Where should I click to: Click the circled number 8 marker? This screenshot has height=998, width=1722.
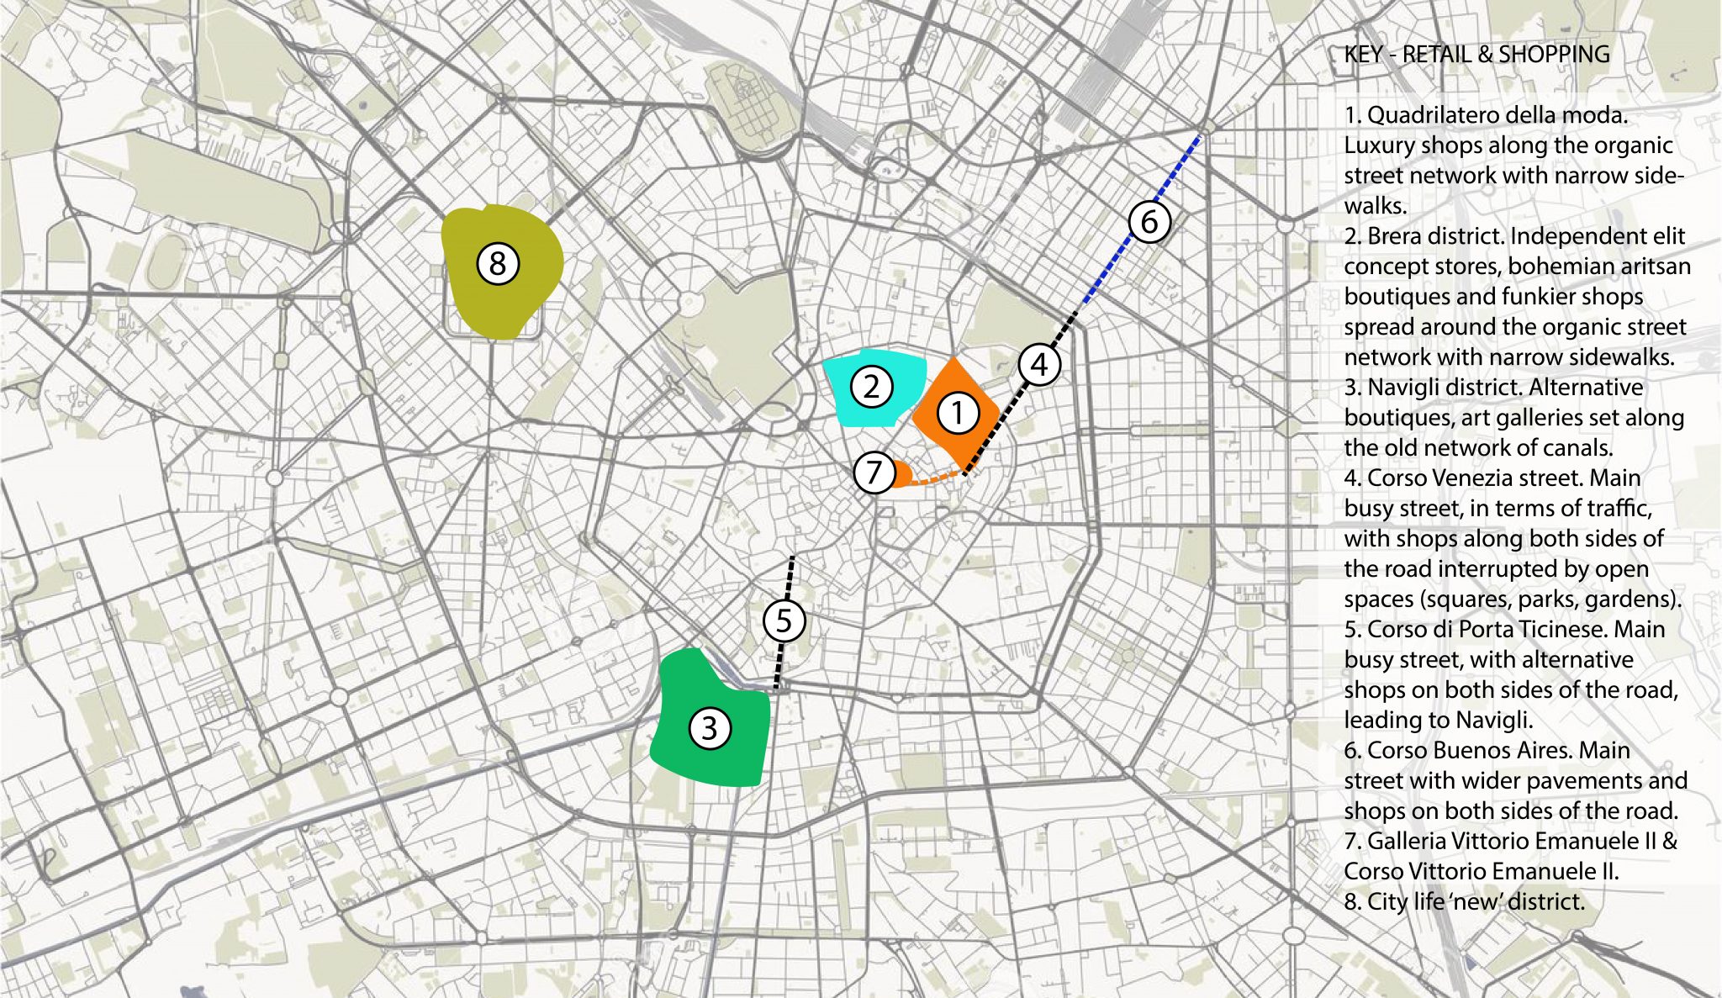pos(498,263)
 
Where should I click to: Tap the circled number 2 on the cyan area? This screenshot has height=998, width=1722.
pos(871,387)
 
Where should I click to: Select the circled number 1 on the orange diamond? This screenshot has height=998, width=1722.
pos(957,413)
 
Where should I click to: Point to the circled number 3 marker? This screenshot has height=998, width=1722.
pos(709,728)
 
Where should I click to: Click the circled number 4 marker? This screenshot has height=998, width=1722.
pos(1039,365)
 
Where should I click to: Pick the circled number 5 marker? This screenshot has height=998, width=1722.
pos(784,620)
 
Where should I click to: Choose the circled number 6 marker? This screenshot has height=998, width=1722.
pos(1149,222)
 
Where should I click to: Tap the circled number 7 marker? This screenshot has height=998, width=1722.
pos(874,472)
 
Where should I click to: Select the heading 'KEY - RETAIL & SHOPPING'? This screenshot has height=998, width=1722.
pos(1476,55)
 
